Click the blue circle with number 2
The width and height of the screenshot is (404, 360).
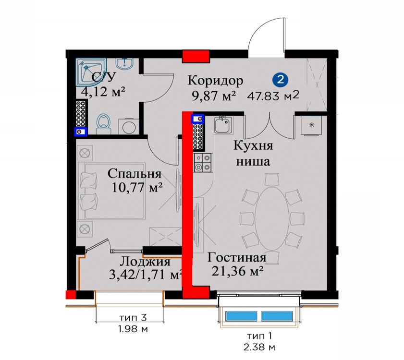pyautogui.click(x=281, y=79)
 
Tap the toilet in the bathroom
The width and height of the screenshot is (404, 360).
pyautogui.click(x=104, y=124)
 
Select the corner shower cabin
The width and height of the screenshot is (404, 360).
pyautogui.click(x=91, y=72)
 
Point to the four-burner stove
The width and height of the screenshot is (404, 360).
pyautogui.click(x=203, y=163)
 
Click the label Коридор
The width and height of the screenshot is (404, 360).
pyautogui.click(x=215, y=80)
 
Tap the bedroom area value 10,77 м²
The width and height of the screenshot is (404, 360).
pyautogui.click(x=137, y=188)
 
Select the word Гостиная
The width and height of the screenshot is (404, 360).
pyautogui.click(x=237, y=257)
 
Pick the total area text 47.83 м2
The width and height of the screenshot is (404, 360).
pyautogui.click(x=273, y=96)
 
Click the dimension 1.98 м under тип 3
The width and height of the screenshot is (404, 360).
pyautogui.click(x=133, y=329)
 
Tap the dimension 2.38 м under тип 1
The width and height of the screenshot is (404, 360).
pyautogui.click(x=259, y=348)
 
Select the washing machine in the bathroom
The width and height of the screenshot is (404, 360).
pyautogui.click(x=129, y=126)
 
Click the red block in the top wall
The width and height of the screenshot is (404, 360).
pyautogui.click(x=196, y=56)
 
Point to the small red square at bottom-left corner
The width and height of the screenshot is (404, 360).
pyautogui.click(x=71, y=295)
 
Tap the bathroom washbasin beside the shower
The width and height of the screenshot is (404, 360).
pyautogui.click(x=124, y=64)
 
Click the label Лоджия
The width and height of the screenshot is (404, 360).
pyautogui.click(x=146, y=262)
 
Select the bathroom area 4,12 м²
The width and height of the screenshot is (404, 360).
pyautogui.click(x=103, y=91)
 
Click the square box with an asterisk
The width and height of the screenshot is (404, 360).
pyautogui.click(x=312, y=125)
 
